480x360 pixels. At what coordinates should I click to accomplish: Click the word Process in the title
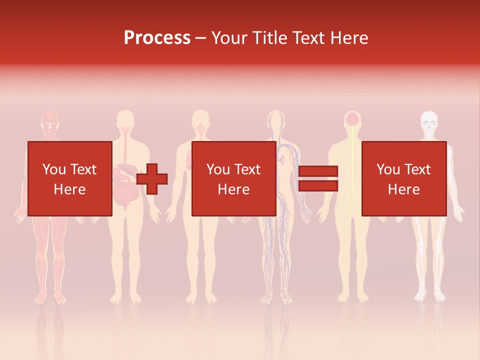(x=157, y=38)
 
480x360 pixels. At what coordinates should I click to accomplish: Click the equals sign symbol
(x=318, y=178)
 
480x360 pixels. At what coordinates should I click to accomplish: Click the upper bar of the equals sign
(x=318, y=172)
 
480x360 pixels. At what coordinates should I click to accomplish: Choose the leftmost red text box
(x=69, y=178)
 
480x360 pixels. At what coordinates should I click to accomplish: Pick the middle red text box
(x=233, y=178)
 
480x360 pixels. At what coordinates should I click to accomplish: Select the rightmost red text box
(x=403, y=178)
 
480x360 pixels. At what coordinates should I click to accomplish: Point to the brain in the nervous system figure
(x=353, y=119)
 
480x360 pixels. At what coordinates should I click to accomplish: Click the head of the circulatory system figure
(x=275, y=120)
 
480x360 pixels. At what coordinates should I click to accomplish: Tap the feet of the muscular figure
(x=49, y=298)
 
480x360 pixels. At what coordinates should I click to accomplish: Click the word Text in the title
(x=305, y=38)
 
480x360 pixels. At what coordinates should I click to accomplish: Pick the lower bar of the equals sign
(x=318, y=185)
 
